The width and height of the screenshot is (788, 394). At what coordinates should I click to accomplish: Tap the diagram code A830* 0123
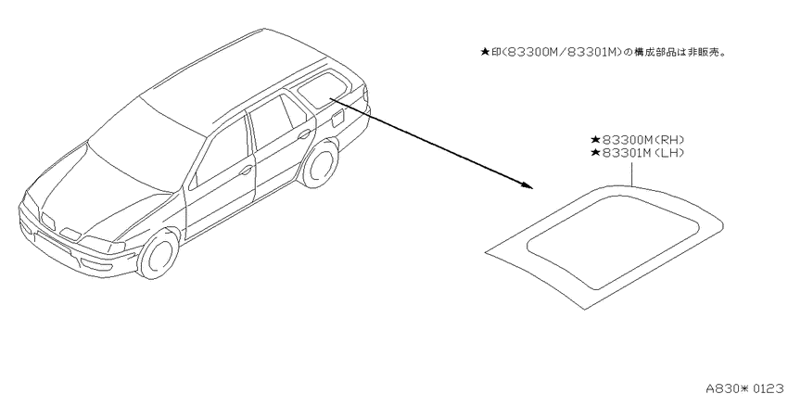click(745, 388)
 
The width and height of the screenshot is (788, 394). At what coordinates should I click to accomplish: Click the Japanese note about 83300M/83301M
click(603, 52)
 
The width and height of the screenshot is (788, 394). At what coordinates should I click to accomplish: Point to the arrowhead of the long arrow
click(527, 185)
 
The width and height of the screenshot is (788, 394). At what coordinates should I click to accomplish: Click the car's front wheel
click(159, 254)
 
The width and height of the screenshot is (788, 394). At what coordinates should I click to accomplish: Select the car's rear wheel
click(319, 163)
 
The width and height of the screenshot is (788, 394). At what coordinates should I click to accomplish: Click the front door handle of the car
click(246, 171)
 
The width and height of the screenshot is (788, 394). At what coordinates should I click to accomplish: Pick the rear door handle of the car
click(304, 134)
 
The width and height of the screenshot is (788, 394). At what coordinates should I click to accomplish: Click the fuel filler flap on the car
click(337, 119)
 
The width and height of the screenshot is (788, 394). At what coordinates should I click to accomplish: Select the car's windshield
click(146, 142)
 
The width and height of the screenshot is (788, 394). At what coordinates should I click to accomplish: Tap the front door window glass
click(222, 152)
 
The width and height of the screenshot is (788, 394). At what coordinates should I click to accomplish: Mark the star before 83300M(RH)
click(595, 140)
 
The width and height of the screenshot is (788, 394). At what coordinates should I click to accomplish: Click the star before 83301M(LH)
click(595, 153)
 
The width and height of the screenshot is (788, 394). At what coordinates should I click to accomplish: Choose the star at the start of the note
click(485, 52)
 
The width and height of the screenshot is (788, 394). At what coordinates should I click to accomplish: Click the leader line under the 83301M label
click(631, 172)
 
